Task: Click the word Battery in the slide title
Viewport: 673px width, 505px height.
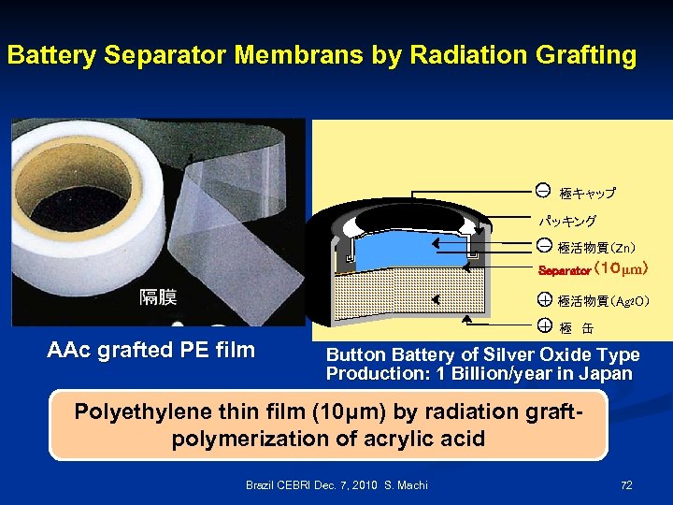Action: [52, 55]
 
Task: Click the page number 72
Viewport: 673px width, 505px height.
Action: [626, 485]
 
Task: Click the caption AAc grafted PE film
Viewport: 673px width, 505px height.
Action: [150, 351]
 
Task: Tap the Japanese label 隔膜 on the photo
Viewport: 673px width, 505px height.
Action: [161, 297]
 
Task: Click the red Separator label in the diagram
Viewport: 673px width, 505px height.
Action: [564, 271]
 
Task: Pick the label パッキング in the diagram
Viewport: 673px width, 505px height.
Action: [566, 222]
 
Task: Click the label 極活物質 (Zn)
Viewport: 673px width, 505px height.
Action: [596, 248]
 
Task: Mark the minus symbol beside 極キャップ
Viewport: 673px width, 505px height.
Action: [543, 192]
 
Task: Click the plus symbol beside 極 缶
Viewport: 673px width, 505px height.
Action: [543, 326]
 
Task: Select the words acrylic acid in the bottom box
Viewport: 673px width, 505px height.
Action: [440, 439]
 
